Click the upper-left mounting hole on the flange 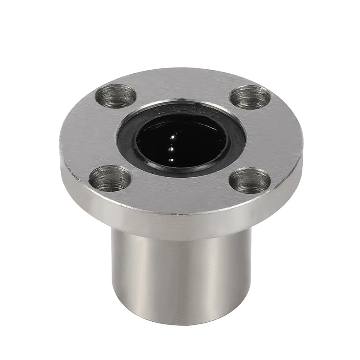117,96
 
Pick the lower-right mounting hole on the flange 249,181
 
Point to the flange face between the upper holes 182,83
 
